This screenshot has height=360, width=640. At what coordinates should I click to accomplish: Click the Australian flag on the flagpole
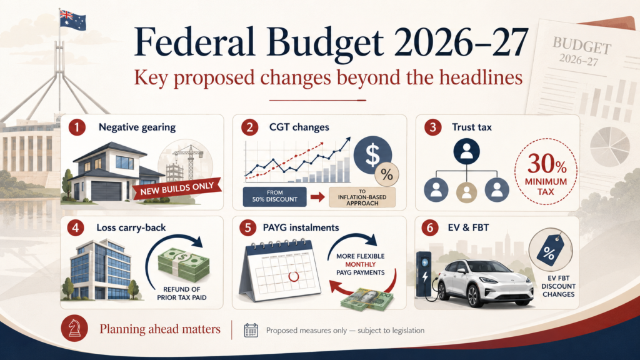pyautogui.click(x=72, y=19)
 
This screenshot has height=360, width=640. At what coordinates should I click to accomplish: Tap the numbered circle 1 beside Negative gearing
pyautogui.click(x=77, y=127)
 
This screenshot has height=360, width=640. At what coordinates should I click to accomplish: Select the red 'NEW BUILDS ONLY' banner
pyautogui.click(x=177, y=189)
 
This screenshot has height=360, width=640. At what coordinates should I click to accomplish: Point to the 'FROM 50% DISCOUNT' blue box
pyautogui.click(x=275, y=196)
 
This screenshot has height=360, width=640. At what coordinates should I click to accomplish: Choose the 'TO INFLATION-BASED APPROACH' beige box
pyautogui.click(x=362, y=197)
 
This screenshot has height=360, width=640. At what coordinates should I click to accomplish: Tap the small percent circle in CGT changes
pyautogui.click(x=386, y=175)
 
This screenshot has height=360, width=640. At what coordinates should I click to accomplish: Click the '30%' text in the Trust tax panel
pyautogui.click(x=546, y=164)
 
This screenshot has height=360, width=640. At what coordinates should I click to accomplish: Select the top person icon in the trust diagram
pyautogui.click(x=466, y=152)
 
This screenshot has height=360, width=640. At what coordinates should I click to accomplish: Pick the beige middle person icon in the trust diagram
pyautogui.click(x=466, y=191)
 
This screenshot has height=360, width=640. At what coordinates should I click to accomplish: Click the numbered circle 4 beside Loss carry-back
pyautogui.click(x=76, y=227)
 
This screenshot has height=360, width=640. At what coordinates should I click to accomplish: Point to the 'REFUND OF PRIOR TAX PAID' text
pyautogui.click(x=182, y=294)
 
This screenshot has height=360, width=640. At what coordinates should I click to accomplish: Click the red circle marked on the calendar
pyautogui.click(x=293, y=277)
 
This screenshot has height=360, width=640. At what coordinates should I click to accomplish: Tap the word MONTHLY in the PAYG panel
pyautogui.click(x=361, y=264)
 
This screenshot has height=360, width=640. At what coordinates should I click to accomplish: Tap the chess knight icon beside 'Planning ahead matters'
pyautogui.click(x=74, y=328)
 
